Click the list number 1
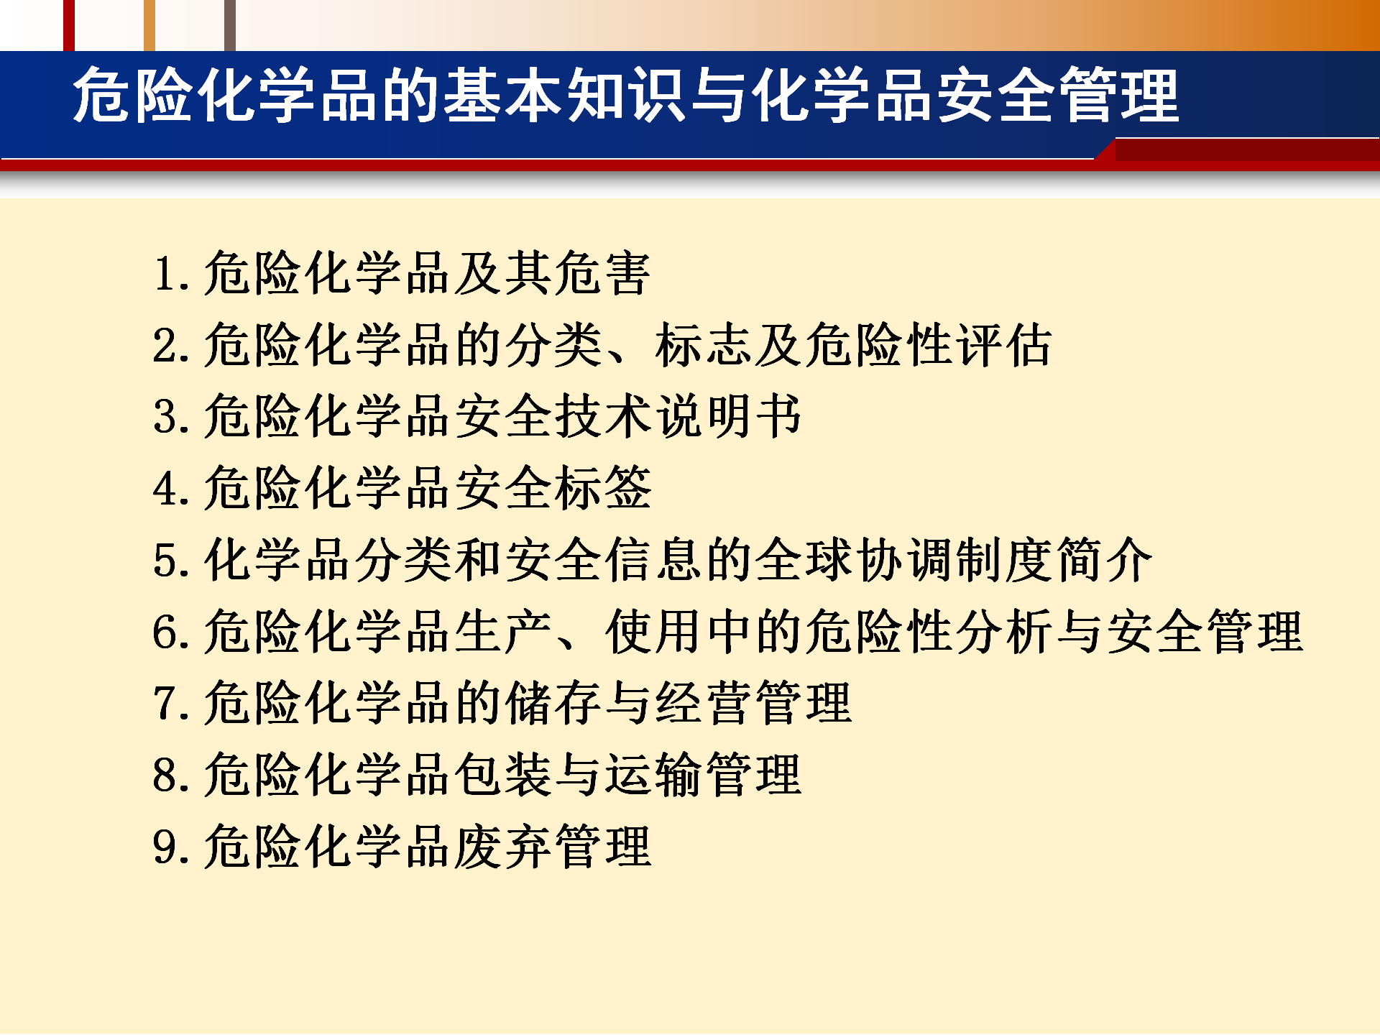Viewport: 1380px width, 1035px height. point(166,274)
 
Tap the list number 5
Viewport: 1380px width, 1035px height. point(165,561)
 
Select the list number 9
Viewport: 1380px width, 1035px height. point(165,847)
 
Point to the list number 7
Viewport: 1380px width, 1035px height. point(165,703)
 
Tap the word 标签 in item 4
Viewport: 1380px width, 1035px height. point(603,488)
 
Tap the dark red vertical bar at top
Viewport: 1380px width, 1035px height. point(69,25)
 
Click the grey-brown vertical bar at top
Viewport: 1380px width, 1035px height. point(229,25)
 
